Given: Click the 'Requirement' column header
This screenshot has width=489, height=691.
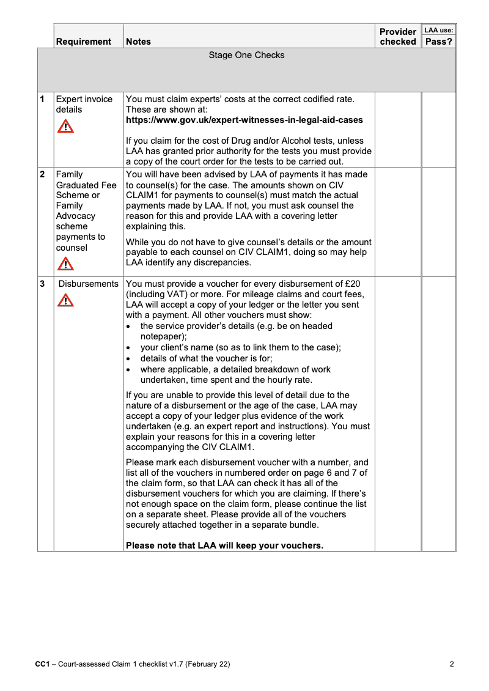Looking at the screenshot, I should pos(84,42).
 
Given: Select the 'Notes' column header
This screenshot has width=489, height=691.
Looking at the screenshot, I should pos(138,42).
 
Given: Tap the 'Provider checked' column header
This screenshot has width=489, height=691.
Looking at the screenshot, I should pos(397,37).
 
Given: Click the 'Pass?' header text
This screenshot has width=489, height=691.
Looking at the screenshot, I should pos(438,42).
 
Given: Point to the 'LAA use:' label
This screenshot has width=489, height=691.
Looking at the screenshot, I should pos(438,30).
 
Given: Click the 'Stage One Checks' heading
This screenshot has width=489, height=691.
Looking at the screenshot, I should pos(246,55).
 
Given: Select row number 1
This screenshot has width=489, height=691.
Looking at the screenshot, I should pos(42,99).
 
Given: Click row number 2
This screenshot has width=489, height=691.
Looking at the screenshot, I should pos(42,174).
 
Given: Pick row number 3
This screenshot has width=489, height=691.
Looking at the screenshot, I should pos(42,284).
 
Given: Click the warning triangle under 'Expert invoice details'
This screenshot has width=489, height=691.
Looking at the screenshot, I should pos(65,127).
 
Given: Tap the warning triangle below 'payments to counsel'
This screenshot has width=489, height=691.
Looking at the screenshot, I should pos(65,264).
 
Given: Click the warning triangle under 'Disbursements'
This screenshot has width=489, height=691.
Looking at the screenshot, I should pos(65,300).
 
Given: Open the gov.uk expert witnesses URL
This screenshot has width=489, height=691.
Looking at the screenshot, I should pos(244,120).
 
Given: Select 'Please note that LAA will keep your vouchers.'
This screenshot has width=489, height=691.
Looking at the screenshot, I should pos(224,545).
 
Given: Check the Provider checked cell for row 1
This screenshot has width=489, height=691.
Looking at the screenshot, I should pos(397,130).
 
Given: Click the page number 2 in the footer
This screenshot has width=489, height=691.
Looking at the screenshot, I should pos(452,664).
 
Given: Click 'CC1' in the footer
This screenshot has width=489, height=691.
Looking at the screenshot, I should pos(42,664).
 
